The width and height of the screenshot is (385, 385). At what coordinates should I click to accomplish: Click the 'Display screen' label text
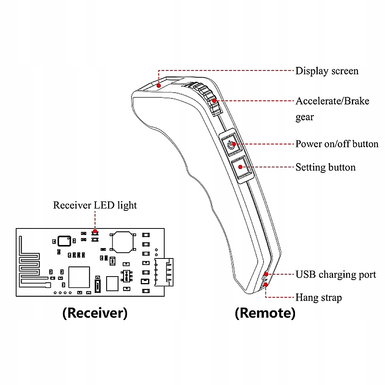point(327,71)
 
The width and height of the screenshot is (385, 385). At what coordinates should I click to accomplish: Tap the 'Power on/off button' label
point(337,144)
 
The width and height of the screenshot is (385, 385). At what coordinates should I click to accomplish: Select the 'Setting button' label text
point(325,167)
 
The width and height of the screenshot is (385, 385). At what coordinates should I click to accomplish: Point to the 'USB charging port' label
point(335,275)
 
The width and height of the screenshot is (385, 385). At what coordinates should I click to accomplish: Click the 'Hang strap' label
point(318,298)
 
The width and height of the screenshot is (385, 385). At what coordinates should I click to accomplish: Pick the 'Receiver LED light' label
point(95,205)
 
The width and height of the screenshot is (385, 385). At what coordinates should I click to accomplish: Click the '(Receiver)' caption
point(95,313)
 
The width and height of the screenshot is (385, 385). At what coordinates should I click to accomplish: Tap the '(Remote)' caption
point(265,313)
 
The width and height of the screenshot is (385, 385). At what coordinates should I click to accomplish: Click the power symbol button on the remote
point(230,145)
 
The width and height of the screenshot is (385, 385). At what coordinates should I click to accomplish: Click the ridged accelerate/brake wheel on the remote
point(209,98)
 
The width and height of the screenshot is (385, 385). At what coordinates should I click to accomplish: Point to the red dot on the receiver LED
point(95,231)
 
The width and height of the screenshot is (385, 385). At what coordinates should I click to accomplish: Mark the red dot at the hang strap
point(266,285)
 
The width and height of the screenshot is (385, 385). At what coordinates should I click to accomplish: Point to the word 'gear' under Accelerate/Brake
point(304,117)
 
